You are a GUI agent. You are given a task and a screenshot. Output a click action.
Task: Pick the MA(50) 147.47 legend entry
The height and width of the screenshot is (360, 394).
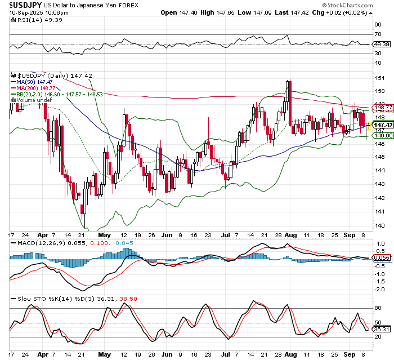click(x=37, y=82)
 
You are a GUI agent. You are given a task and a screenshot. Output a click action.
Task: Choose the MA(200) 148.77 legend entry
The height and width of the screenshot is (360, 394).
click(x=38, y=88)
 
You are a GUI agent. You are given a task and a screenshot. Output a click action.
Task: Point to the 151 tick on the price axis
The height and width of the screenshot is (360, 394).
click(x=379, y=78)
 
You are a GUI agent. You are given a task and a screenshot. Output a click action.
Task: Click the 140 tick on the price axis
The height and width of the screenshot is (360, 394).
click(x=379, y=225)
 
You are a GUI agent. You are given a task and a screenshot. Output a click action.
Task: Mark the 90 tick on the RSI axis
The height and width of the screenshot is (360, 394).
click(x=378, y=25)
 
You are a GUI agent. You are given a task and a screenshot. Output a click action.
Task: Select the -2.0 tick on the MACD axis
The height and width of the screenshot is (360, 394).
click(x=380, y=289)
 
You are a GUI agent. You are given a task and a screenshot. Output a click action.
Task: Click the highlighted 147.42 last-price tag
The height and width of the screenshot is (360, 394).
click(x=382, y=125)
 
